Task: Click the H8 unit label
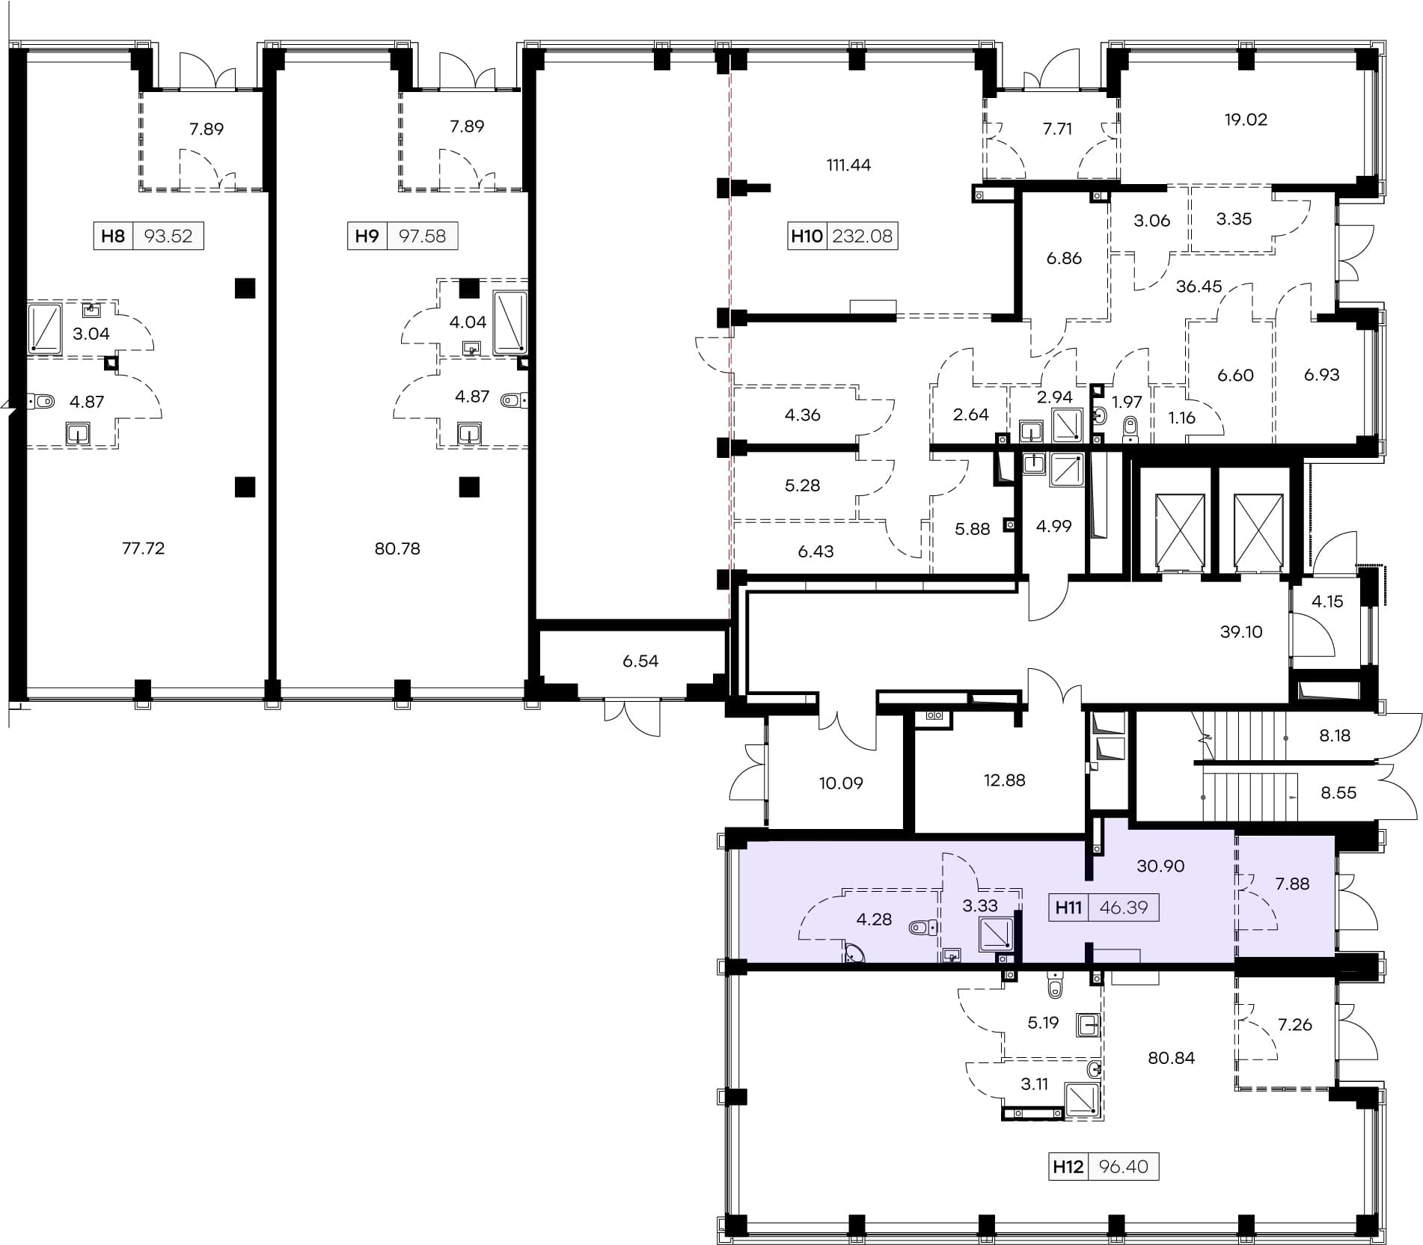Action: click(x=113, y=236)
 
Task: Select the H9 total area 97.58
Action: click(x=422, y=236)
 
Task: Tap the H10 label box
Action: click(x=842, y=236)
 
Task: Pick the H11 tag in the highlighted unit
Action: click(x=1068, y=908)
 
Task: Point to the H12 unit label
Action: click(x=1068, y=1166)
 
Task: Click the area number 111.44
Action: click(x=848, y=165)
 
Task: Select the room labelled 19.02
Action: click(x=1246, y=120)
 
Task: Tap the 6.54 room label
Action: click(x=640, y=661)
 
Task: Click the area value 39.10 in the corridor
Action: click(x=1241, y=631)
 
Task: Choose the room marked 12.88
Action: click(x=1004, y=780)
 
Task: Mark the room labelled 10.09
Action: click(x=841, y=783)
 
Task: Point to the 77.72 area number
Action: click(x=143, y=548)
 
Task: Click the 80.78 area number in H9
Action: click(x=397, y=548)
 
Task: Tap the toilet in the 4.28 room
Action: click(x=923, y=928)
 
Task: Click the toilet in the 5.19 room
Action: click(x=1055, y=986)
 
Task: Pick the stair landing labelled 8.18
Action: click(x=1335, y=735)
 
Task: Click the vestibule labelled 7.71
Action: click(x=1057, y=129)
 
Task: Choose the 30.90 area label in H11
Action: click(x=1160, y=866)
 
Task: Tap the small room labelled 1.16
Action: click(x=1182, y=417)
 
